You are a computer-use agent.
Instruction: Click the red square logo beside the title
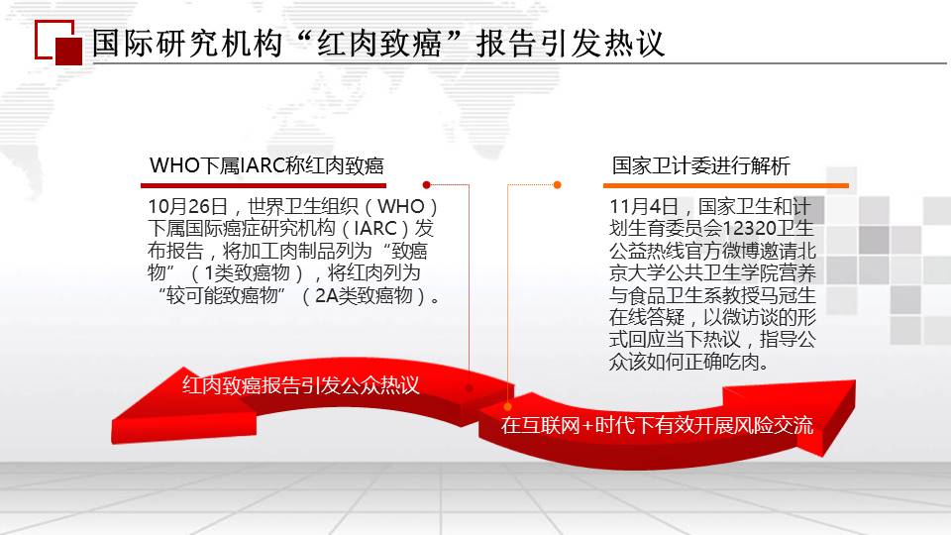click(x=58, y=43)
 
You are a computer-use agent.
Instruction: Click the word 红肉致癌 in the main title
click(x=378, y=44)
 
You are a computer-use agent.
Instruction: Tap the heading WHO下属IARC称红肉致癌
click(x=266, y=165)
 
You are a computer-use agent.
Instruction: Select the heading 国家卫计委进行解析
click(x=701, y=165)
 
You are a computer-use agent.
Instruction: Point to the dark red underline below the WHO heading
click(x=264, y=185)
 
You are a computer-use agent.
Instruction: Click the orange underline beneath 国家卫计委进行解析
click(x=725, y=185)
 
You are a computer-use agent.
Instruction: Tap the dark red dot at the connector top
click(x=426, y=185)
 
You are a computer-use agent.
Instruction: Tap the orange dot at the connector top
click(x=558, y=185)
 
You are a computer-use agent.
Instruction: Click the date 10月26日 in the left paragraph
click(x=188, y=207)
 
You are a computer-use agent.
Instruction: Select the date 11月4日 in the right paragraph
click(x=644, y=207)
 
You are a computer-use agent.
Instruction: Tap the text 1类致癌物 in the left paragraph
click(x=248, y=273)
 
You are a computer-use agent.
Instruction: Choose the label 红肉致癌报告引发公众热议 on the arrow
click(x=301, y=385)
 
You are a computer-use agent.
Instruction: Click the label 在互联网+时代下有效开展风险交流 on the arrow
click(x=657, y=425)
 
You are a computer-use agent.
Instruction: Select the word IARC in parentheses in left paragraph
click(x=375, y=229)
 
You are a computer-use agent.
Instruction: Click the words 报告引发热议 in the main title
click(x=571, y=44)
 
